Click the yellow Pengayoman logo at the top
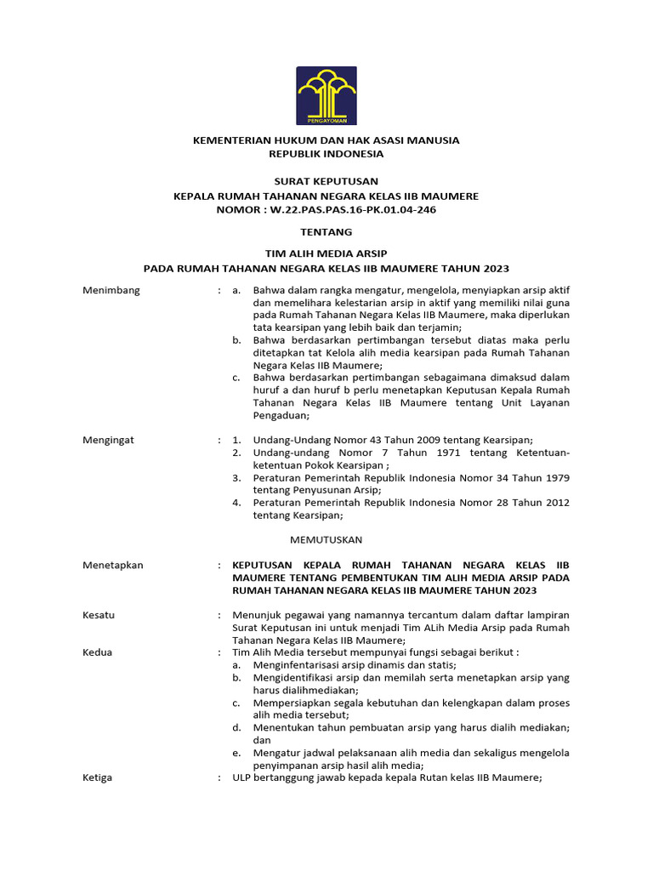click(x=326, y=95)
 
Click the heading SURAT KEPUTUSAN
click(x=326, y=181)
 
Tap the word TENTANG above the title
click(x=326, y=231)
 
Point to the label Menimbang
click(x=111, y=290)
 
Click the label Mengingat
click(x=108, y=440)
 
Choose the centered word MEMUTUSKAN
click(x=326, y=539)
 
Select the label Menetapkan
click(x=113, y=565)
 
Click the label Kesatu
click(x=99, y=615)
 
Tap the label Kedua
click(x=97, y=652)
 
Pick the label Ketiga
click(x=98, y=777)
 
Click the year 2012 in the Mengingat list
click(x=556, y=502)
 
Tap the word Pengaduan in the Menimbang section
click(x=281, y=416)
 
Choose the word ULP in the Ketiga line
click(x=242, y=777)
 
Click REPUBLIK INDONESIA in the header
click(x=326, y=154)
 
